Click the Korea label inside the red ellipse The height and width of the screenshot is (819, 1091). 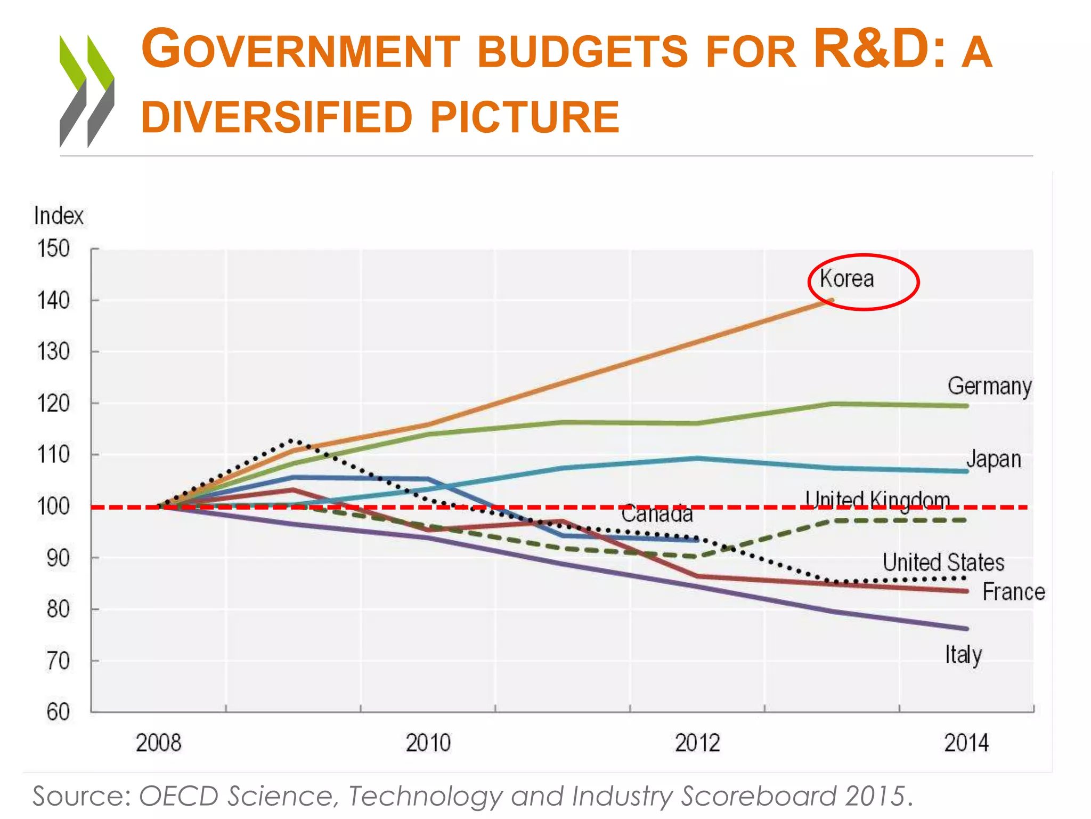click(846, 279)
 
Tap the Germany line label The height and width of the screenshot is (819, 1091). click(989, 386)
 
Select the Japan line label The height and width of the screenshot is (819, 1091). click(994, 459)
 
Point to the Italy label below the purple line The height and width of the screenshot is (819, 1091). click(963, 655)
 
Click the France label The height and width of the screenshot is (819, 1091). click(1013, 592)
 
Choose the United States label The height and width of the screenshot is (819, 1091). click(943, 563)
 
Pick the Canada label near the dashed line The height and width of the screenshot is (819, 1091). click(657, 514)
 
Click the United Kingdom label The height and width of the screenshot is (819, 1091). click(877, 500)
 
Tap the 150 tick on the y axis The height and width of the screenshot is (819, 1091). click(53, 249)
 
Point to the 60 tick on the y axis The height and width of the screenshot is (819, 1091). click(58, 712)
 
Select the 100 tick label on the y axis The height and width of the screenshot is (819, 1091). click(53, 507)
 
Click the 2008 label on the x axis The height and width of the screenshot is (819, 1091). click(158, 743)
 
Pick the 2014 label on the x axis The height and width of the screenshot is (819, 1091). click(966, 743)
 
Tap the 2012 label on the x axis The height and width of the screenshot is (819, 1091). click(697, 743)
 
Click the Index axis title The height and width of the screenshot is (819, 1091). click(59, 216)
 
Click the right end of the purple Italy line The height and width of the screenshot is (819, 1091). click(966, 629)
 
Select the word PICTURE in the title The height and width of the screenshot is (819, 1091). click(524, 117)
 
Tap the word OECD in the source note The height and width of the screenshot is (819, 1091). click(178, 796)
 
